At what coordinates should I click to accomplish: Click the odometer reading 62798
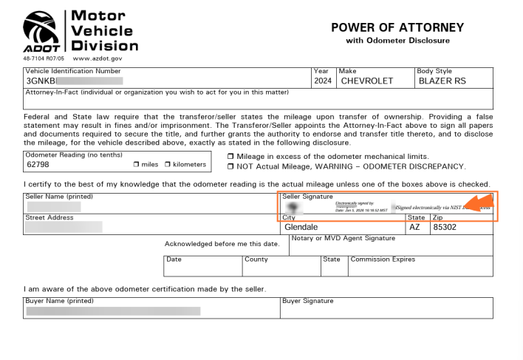pyautogui.click(x=38, y=164)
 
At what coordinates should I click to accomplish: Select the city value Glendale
pyautogui.click(x=295, y=228)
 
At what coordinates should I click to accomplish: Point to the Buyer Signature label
pyautogui.click(x=308, y=301)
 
